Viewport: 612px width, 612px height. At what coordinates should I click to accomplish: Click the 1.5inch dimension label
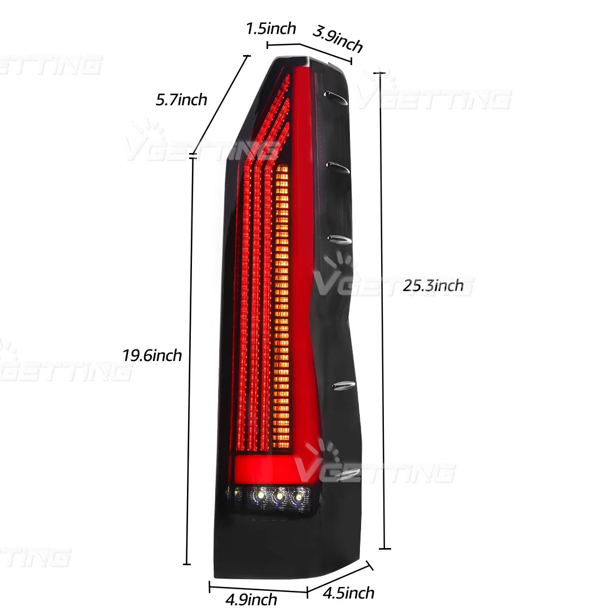pos(271,28)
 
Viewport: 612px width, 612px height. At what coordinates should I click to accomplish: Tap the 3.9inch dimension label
pos(338,39)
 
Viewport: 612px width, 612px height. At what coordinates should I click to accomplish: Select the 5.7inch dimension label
pos(181,100)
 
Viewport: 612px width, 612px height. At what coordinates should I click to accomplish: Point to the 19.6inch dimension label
pos(152,355)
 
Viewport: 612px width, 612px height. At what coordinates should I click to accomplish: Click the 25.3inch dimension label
pos(433,286)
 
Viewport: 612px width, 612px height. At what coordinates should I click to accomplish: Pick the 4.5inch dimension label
pos(348,593)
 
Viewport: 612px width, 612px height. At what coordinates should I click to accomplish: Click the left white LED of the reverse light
pos(261,495)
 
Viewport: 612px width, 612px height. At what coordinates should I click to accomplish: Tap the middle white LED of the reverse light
pos(279,496)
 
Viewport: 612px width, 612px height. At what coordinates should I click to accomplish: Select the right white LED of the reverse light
pos(298,497)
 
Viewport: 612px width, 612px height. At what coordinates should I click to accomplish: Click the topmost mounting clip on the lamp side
pos(336,97)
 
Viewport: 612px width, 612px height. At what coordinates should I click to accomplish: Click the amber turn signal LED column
pos(282,307)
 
